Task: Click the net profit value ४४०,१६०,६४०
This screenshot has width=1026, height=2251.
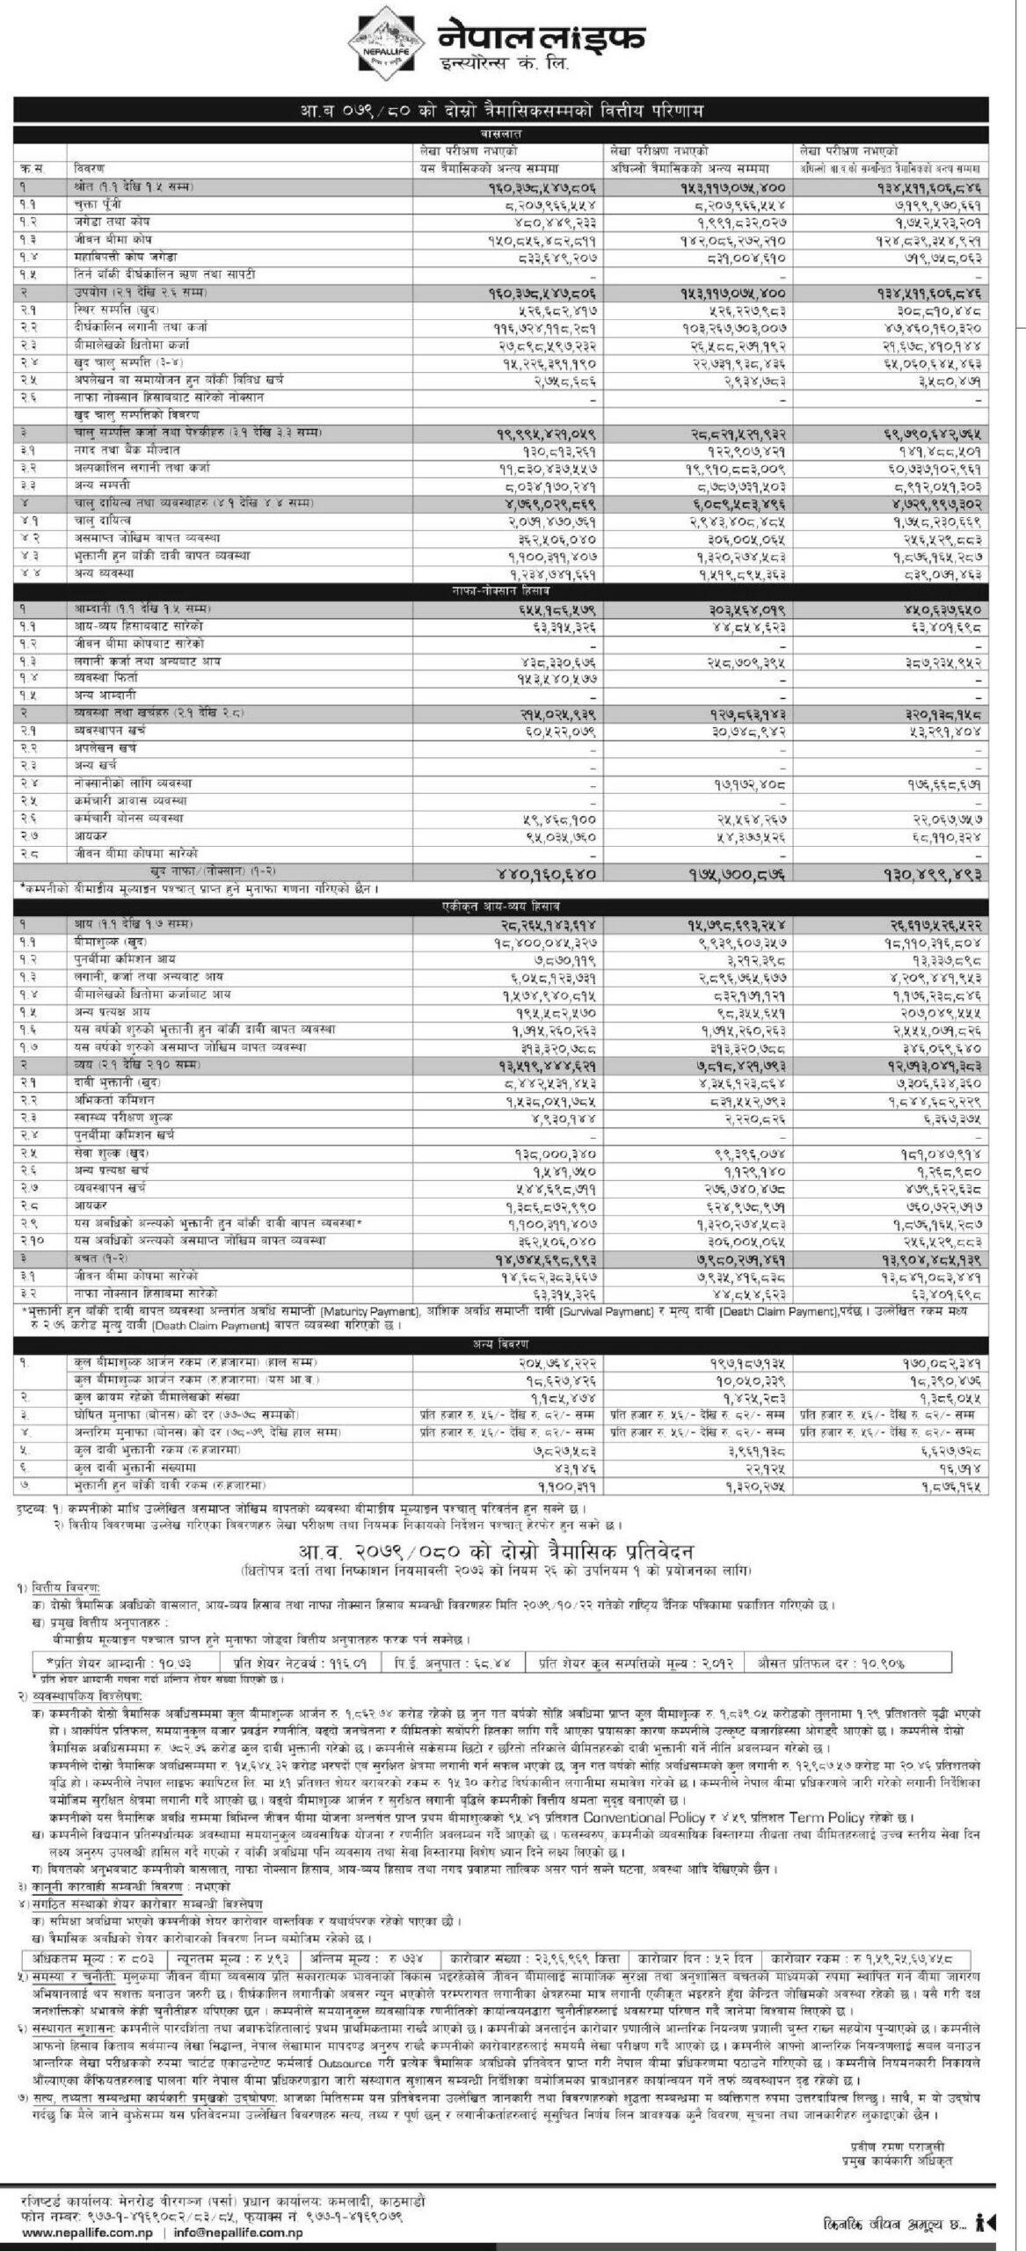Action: (544, 872)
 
